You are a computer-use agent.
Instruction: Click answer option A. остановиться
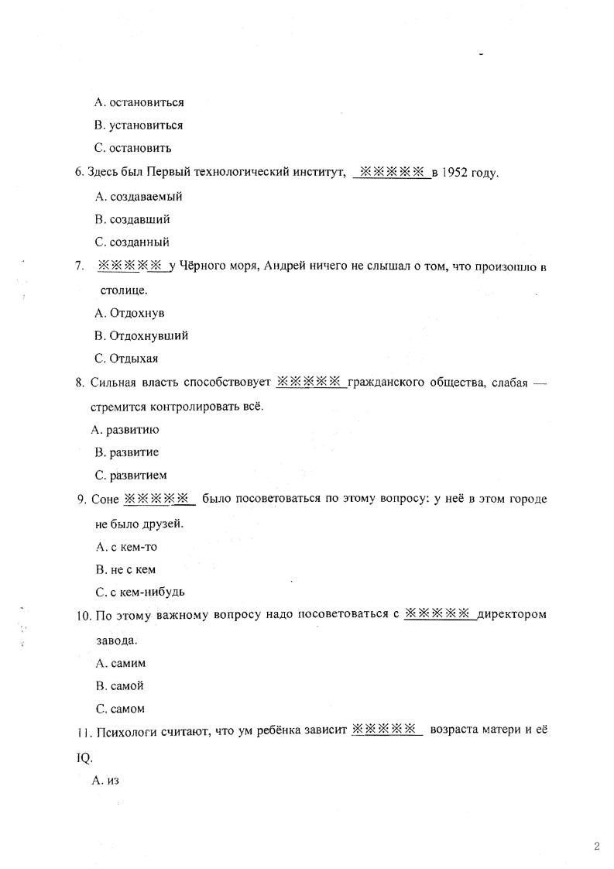click(x=139, y=102)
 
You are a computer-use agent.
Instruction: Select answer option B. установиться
click(x=139, y=125)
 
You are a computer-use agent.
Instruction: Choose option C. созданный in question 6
click(x=132, y=242)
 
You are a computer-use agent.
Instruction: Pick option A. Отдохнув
click(x=129, y=313)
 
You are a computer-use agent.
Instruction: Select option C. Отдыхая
click(x=126, y=359)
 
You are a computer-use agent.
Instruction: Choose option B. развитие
click(x=127, y=452)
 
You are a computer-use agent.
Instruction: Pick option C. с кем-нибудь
click(x=140, y=592)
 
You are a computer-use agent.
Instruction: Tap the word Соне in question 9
click(x=105, y=500)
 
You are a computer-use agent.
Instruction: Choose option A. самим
click(x=121, y=663)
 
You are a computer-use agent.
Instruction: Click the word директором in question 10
click(x=513, y=616)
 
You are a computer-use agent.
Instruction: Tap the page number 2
click(x=596, y=847)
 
